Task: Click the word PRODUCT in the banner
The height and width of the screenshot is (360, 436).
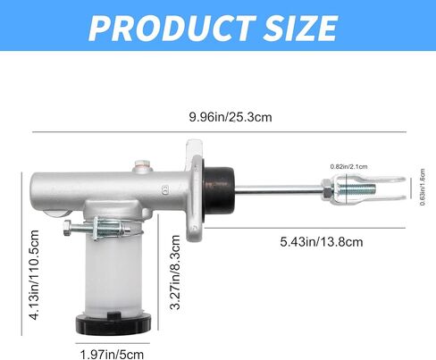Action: [x=172, y=28]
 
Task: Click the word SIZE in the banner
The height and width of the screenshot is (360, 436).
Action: [x=301, y=28]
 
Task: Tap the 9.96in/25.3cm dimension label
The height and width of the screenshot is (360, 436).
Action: [x=231, y=117]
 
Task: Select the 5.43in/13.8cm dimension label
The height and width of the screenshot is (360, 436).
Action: [x=322, y=242]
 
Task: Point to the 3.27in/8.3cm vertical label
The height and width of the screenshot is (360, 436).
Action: [x=175, y=272]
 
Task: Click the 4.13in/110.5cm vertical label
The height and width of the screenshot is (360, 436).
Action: [x=34, y=275]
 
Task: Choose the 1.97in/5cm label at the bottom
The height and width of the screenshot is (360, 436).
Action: [x=112, y=355]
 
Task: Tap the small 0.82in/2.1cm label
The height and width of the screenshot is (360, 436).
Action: [x=348, y=167]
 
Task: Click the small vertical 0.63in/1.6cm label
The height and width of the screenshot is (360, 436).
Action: [x=423, y=187]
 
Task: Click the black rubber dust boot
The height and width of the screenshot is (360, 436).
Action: [x=219, y=188]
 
